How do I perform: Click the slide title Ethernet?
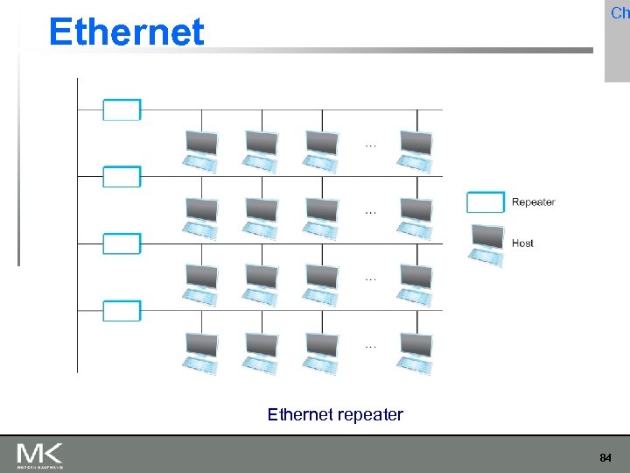point(127,32)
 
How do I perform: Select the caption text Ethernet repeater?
point(335,414)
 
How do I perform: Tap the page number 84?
point(605,457)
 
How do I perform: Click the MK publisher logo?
point(39,455)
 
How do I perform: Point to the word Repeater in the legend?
point(533,202)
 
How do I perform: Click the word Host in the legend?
point(522,243)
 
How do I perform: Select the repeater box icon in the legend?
point(486,202)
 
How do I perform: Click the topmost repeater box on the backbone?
point(122,109)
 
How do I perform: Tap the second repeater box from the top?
point(122,177)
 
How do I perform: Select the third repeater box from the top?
point(122,244)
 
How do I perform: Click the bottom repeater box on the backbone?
point(122,311)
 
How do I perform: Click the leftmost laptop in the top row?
point(201,149)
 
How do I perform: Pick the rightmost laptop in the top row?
point(416,149)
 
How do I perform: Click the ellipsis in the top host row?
point(371,145)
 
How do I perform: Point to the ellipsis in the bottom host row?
point(371,347)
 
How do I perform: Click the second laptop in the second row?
point(262,216)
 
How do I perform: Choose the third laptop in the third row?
point(321,284)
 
